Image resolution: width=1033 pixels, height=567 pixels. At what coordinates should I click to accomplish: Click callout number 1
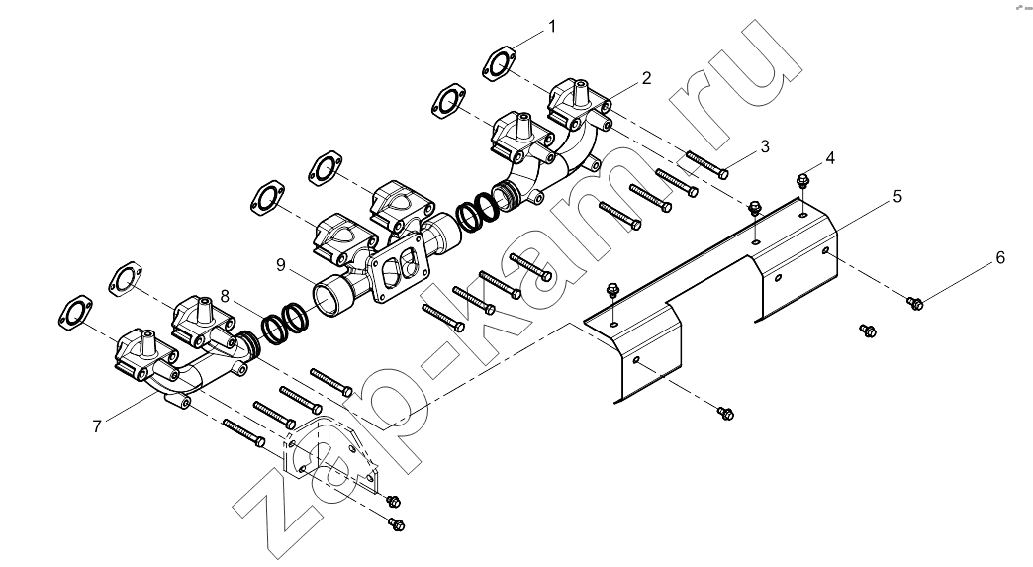click(x=552, y=27)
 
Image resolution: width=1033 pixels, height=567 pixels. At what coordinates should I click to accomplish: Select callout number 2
click(x=646, y=78)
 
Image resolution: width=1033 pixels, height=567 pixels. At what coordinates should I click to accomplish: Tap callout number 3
click(x=764, y=146)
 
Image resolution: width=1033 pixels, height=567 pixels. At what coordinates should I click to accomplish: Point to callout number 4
click(x=830, y=158)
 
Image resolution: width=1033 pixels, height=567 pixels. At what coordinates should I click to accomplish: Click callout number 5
click(x=897, y=196)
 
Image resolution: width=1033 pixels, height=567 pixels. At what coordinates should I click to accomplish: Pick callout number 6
click(x=1000, y=257)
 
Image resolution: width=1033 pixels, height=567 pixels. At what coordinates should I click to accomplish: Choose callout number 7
click(x=97, y=426)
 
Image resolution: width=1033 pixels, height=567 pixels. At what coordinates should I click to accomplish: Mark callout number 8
click(x=225, y=296)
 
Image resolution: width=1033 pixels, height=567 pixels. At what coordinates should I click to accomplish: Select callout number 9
click(x=281, y=265)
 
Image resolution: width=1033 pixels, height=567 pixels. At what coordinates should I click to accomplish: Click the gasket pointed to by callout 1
click(x=499, y=64)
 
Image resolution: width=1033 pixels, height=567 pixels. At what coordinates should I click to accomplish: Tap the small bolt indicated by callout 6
click(x=915, y=303)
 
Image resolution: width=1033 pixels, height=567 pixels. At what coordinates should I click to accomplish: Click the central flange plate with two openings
click(x=401, y=267)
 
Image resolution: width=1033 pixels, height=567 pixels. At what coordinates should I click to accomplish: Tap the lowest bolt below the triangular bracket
click(x=397, y=524)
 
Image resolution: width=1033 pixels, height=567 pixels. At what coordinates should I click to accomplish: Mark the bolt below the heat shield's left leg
click(x=725, y=413)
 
